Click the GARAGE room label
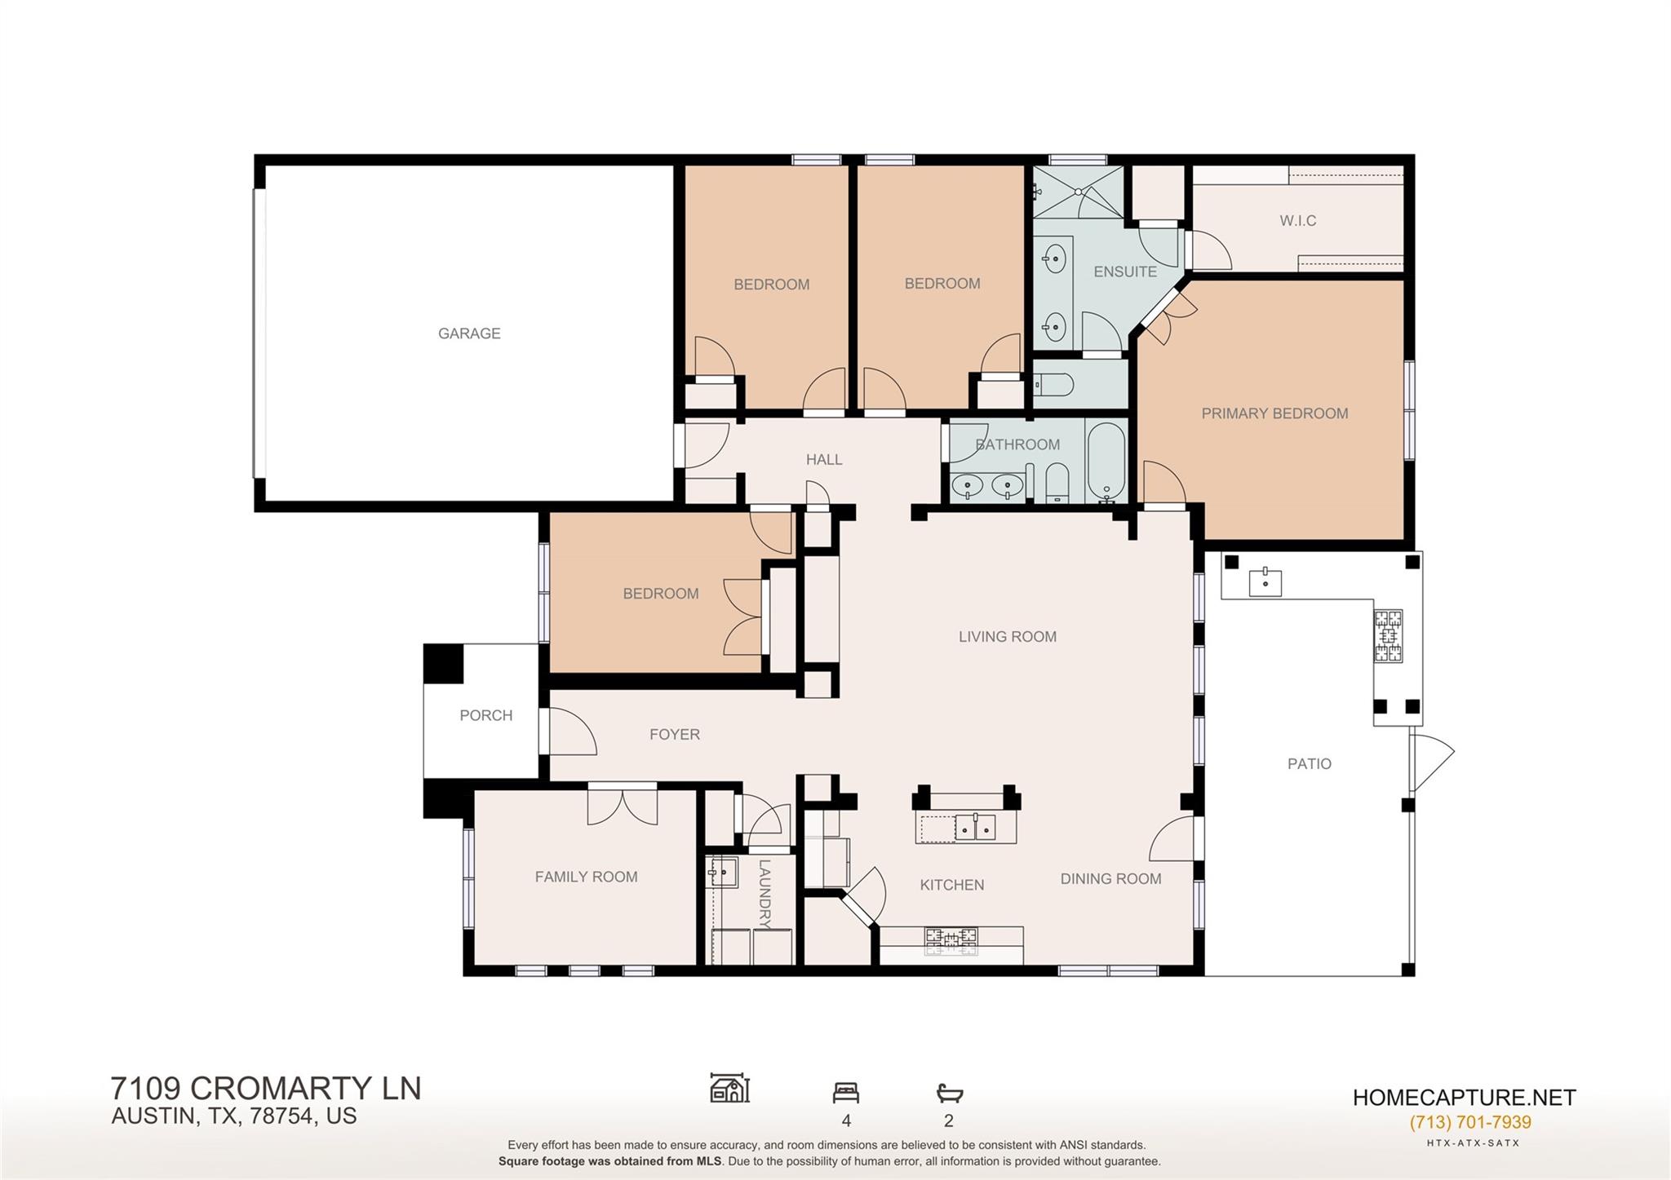point(469,334)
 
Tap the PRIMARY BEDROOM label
point(1274,413)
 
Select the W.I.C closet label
point(1297,221)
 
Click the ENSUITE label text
point(1124,272)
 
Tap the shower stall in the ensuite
point(1078,192)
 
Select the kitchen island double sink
point(977,827)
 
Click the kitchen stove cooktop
point(951,940)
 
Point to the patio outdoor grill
point(1389,636)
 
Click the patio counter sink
point(1265,583)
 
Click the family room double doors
point(622,806)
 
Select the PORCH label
point(485,715)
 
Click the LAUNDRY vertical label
point(765,894)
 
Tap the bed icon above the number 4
point(845,1092)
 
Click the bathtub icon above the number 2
point(949,1092)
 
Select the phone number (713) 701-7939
point(1469,1122)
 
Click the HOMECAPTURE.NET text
point(1464,1098)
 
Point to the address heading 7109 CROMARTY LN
point(266,1089)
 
